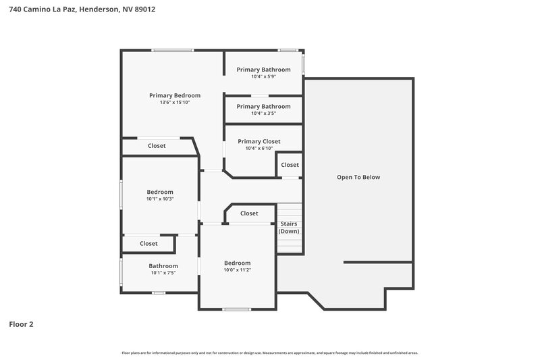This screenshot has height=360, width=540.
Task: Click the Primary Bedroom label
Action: coord(175,95)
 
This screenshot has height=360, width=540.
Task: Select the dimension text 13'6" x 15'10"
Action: coord(175,103)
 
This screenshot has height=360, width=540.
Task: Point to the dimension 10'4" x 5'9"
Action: coord(263,76)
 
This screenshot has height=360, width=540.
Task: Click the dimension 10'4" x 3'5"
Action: coord(263,113)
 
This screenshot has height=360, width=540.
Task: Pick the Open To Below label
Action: coord(358,177)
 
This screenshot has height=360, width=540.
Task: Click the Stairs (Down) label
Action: coord(289,228)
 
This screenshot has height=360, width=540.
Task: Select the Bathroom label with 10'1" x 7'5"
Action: coord(163,265)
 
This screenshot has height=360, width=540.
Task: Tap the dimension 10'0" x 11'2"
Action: coord(237,269)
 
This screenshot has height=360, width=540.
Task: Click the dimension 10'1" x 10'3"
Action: coord(160,199)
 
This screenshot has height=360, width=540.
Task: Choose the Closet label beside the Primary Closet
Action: coord(290,165)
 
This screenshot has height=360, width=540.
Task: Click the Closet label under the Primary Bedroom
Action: coord(157,146)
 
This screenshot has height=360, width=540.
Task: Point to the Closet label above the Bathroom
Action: coord(148,243)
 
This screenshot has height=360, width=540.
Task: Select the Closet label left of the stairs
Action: coord(249,213)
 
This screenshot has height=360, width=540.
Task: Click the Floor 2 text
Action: coord(21,324)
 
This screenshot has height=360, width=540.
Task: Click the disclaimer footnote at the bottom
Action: coord(270,353)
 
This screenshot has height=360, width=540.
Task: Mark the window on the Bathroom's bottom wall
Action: coord(159,292)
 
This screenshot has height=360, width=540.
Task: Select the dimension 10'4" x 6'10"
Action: coord(263,149)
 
